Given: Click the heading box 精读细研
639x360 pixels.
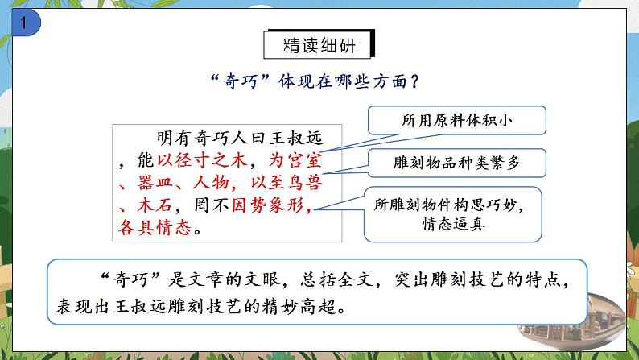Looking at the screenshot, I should [x=319, y=46].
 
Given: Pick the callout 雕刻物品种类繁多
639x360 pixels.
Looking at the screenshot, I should [x=457, y=163].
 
